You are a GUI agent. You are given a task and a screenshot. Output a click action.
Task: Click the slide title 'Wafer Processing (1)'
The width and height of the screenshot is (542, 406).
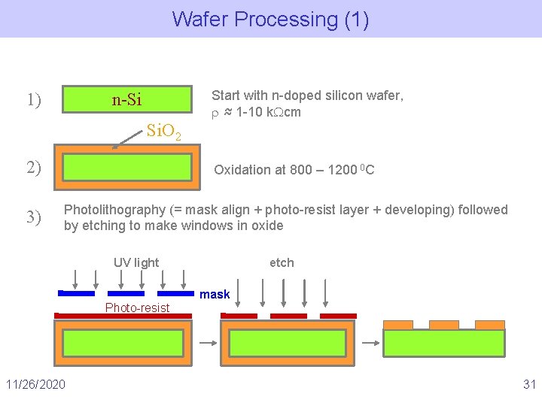pos(270,19)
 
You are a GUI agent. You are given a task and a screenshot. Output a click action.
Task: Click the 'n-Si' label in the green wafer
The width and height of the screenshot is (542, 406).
pos(127,99)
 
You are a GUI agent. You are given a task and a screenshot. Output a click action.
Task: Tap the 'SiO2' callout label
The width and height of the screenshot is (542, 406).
pos(163,132)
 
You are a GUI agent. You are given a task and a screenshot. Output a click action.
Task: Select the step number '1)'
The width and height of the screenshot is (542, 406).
pos(34,99)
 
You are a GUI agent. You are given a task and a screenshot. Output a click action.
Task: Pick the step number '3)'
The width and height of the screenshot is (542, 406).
pos(34,217)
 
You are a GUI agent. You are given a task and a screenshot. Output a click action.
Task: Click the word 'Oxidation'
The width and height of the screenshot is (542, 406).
pos(242,170)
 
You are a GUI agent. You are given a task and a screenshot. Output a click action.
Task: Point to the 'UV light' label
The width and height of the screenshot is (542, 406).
pos(136,262)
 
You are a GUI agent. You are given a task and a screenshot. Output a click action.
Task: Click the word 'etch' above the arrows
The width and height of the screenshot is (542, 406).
pos(282,262)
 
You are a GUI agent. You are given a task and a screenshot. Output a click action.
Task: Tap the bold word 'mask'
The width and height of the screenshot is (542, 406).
pos(215,295)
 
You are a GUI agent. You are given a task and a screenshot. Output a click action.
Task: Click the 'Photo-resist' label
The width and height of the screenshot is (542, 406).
pos(137,308)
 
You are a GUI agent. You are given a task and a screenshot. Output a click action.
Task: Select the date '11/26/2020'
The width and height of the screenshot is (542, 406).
pos(35,385)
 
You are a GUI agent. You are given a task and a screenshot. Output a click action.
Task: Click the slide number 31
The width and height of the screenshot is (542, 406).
pos(529,385)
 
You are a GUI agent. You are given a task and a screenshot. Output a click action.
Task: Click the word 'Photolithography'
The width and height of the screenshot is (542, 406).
pos(114,210)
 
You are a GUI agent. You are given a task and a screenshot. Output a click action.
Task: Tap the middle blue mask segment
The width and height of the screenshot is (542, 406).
pos(126,293)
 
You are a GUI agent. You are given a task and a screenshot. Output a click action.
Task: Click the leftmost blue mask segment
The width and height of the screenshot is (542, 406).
pos(76,293)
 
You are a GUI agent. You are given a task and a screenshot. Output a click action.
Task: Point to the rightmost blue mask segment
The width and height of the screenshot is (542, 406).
pos(175,293)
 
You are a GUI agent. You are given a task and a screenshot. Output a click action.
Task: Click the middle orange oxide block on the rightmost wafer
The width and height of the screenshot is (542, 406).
pos(443,325)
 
